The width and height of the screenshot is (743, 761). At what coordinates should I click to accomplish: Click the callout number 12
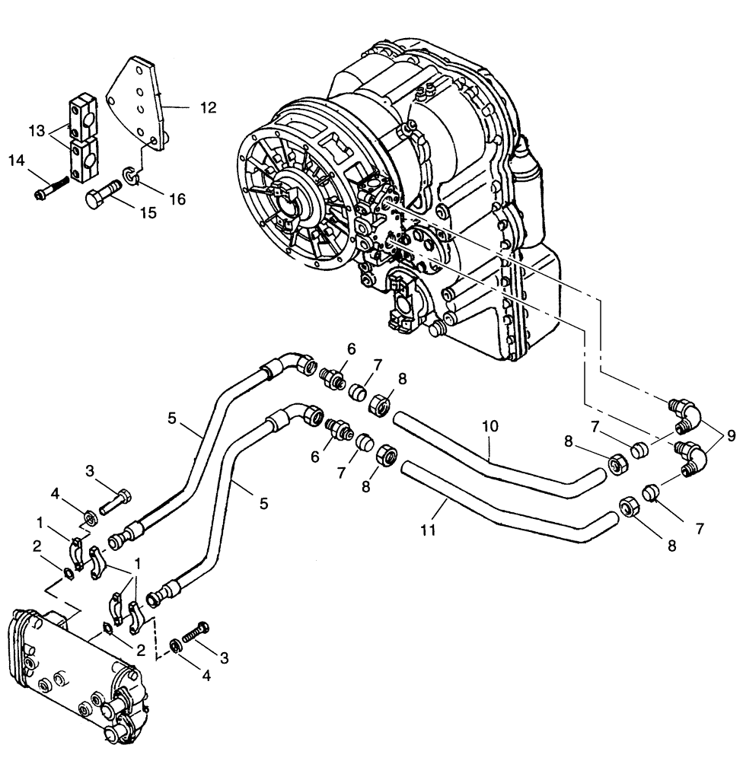[x=208, y=108]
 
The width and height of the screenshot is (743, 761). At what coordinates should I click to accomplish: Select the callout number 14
[x=17, y=160]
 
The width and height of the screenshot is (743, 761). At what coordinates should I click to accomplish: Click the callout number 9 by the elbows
[x=731, y=436]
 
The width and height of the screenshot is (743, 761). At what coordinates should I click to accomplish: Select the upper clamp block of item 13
[x=84, y=111]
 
